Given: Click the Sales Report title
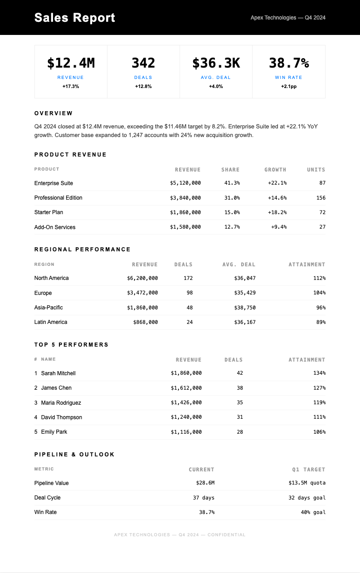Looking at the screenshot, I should [74, 18].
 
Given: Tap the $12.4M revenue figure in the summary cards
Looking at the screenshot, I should [71, 63].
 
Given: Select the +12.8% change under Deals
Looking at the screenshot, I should [143, 86].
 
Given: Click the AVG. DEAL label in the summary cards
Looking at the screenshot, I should [216, 78].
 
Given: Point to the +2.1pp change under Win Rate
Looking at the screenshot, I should [288, 86].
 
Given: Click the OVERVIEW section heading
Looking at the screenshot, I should [54, 113].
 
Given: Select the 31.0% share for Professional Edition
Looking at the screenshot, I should [232, 198].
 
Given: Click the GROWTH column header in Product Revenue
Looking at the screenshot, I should [275, 170].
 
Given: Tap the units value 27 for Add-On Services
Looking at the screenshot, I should [322, 227].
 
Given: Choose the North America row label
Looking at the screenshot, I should [51, 278].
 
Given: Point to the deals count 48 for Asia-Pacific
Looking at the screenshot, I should [190, 308].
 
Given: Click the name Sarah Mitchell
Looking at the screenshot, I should [58, 373].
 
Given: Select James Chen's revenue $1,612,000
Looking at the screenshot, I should [186, 388].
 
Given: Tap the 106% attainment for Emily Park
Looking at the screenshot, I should [319, 432].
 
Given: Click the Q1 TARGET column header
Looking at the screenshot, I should [309, 470].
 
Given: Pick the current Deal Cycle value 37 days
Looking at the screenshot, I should [204, 498].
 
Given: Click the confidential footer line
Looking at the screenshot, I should [180, 535].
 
